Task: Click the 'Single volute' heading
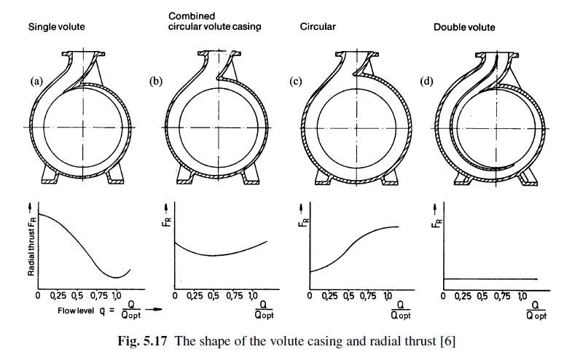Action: pos(56,27)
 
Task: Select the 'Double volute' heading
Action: pos(464,28)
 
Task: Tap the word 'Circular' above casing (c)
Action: pos(318,27)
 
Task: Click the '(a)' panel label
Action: pos(36,82)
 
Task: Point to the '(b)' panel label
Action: pos(156,82)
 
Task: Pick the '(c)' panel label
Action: pos(296,82)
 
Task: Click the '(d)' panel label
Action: pos(426,82)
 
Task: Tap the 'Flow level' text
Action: pos(76,310)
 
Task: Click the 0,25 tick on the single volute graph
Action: pos(58,296)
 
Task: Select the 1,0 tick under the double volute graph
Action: pos(522,296)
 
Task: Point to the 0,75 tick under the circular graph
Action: pos(368,296)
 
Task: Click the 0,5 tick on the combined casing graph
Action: pos(214,296)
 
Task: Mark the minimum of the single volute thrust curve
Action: pos(116,277)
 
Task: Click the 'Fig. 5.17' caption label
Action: pos(143,341)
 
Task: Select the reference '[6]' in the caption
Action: pos(448,341)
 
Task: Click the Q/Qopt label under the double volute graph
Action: pos(536,310)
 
